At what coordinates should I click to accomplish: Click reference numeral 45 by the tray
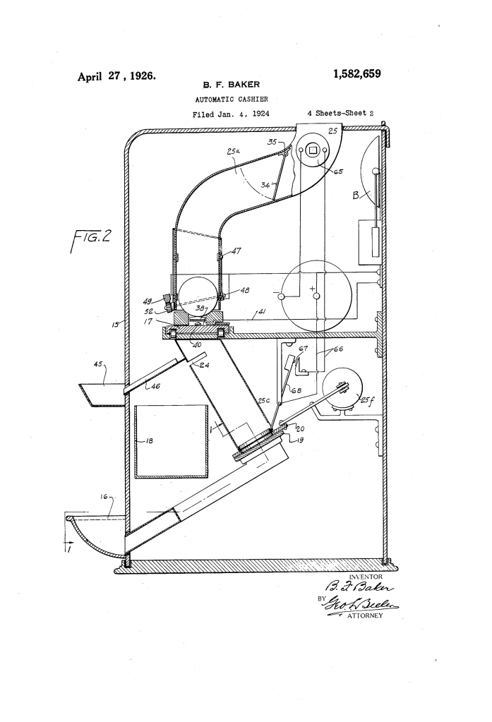coord(99,364)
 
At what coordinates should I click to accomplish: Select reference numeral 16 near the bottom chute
coord(103,497)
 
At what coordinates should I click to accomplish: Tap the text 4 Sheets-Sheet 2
coord(344,113)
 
